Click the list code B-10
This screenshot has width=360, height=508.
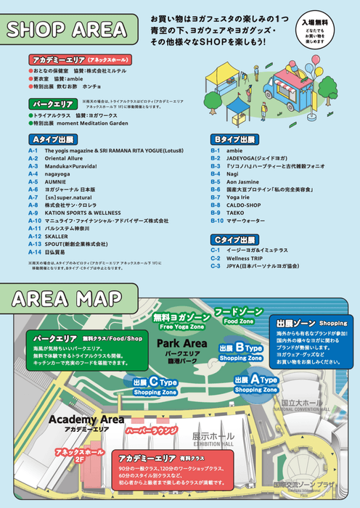pyautogui.click(x=217, y=221)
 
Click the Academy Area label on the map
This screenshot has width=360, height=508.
pyautogui.click(x=86, y=420)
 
